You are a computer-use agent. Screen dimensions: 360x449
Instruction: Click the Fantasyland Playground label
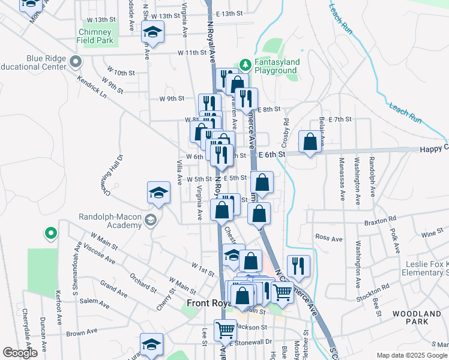(x=275, y=65)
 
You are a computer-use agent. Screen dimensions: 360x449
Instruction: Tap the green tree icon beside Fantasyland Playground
(x=244, y=64)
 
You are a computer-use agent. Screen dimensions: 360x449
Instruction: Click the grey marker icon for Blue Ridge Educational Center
(x=76, y=61)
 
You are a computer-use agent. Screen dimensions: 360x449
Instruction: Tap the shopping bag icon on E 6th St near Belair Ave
(x=310, y=143)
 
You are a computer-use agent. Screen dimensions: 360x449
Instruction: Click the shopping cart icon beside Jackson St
(x=225, y=329)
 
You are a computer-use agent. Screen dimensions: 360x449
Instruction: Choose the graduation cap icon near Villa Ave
(x=158, y=192)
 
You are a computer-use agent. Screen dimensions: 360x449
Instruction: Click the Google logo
(x=20, y=353)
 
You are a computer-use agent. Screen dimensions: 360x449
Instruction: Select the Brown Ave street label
(x=82, y=332)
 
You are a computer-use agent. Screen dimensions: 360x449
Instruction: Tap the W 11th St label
(x=191, y=53)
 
